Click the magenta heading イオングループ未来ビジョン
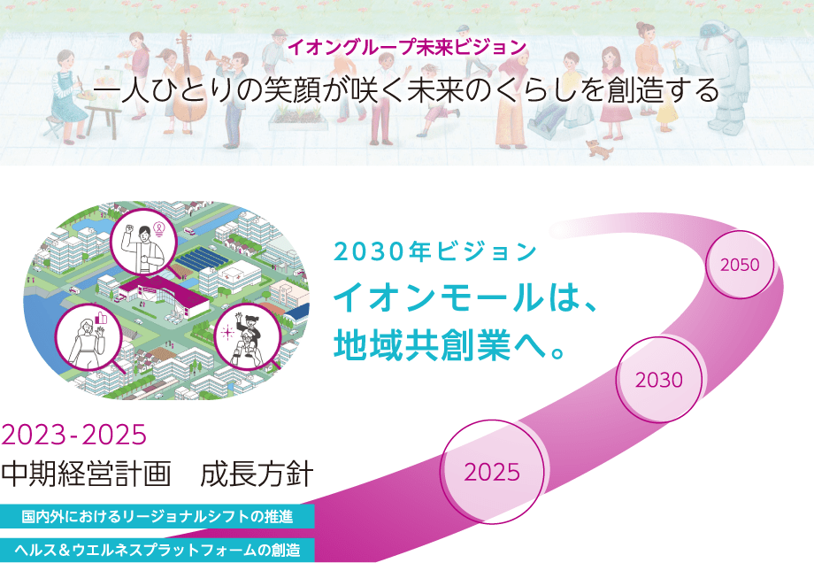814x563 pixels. [x=407, y=47]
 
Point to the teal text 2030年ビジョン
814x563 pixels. [x=435, y=252]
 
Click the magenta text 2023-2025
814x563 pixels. [x=73, y=434]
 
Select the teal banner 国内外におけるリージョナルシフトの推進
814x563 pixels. [x=157, y=516]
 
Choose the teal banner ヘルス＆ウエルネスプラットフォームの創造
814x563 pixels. [x=157, y=550]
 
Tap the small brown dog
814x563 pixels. [x=599, y=149]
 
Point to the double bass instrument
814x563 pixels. [x=188, y=78]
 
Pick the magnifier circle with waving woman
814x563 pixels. [x=88, y=337]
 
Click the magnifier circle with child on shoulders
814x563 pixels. [x=248, y=336]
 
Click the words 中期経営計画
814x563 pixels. [x=86, y=474]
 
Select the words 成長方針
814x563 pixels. [x=257, y=474]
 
